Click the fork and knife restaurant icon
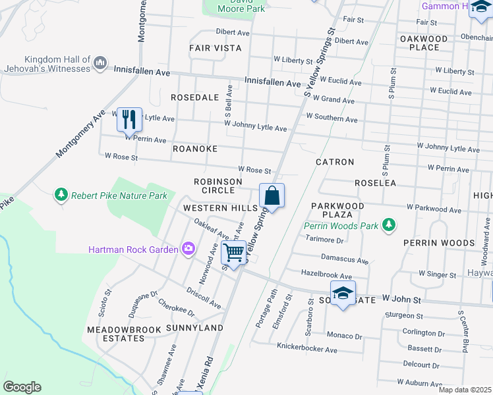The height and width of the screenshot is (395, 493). (129, 120)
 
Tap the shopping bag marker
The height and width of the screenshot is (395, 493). (272, 196)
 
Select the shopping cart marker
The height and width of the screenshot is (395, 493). (233, 252)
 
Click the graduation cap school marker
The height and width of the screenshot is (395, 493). (343, 293)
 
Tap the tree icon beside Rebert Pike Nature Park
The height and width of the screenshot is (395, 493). (61, 195)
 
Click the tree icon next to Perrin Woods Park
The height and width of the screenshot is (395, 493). (389, 225)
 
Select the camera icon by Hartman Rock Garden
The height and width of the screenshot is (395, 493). (189, 249)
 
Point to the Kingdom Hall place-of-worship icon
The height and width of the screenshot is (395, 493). (101, 63)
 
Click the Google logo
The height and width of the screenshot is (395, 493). (22, 387)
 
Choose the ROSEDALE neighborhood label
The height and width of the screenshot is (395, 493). (194, 97)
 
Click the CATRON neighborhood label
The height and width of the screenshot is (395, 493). (335, 161)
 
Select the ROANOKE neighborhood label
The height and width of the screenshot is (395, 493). (194, 149)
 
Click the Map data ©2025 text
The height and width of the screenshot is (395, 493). (465, 390)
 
